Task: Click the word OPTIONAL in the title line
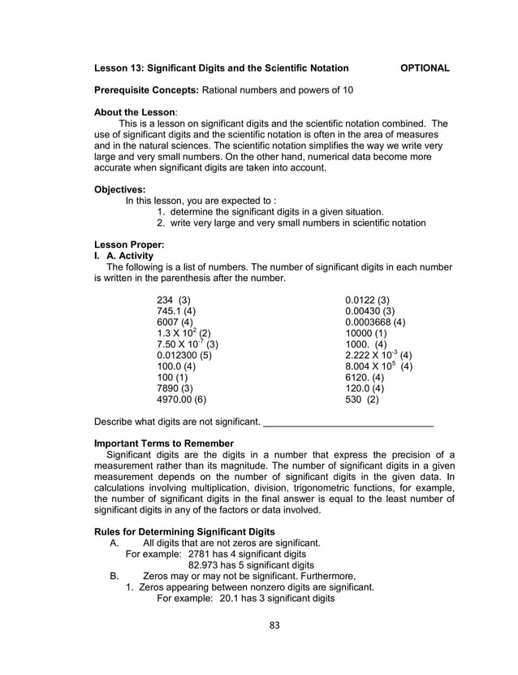point(425,67)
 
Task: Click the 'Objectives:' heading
point(120,188)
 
